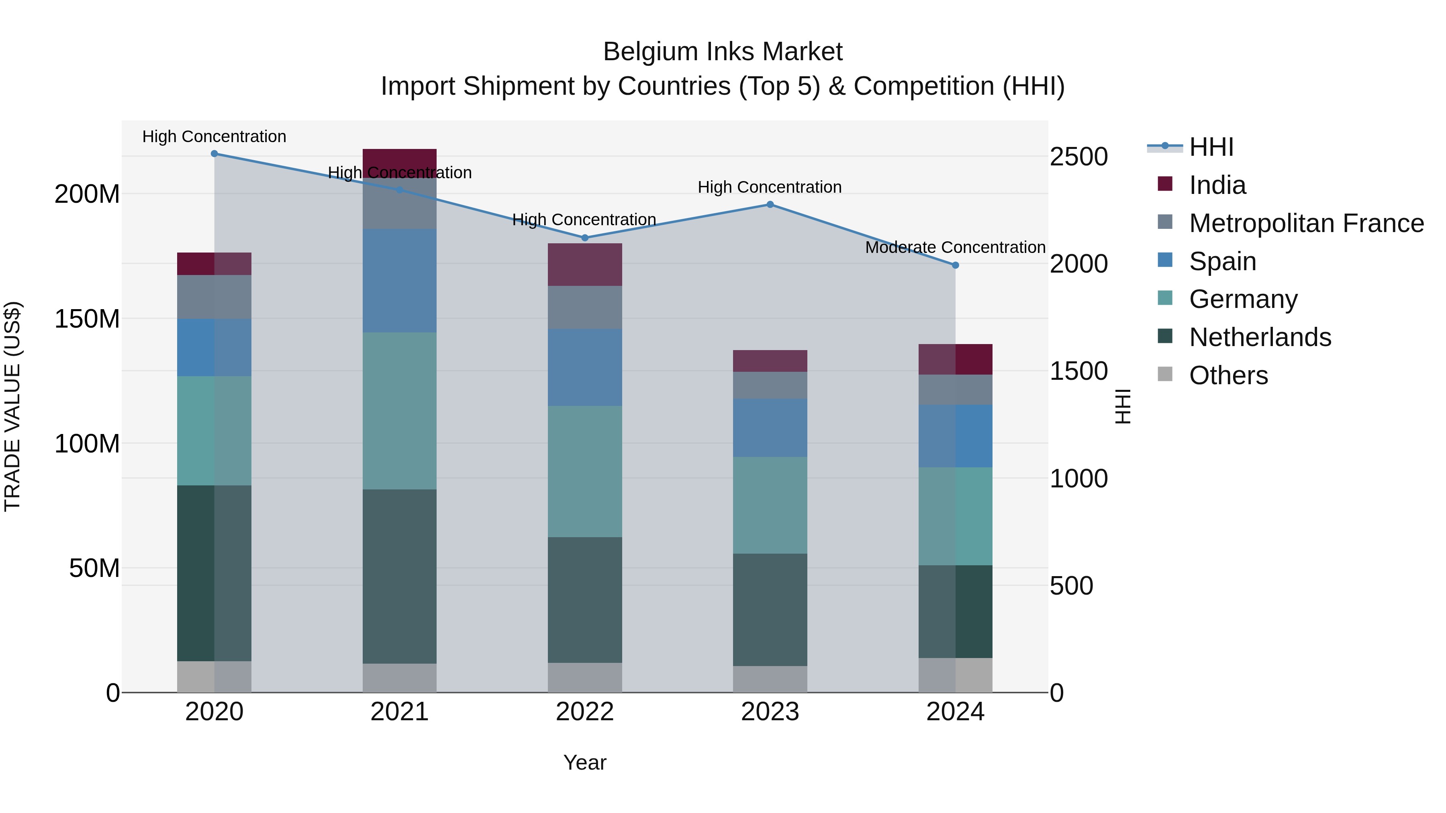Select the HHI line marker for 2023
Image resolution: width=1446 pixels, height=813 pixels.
click(770, 205)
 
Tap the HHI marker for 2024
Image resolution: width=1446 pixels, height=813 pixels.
click(956, 265)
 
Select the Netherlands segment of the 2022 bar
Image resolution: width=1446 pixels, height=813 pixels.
click(585, 600)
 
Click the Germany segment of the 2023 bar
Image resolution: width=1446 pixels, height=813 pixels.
click(770, 505)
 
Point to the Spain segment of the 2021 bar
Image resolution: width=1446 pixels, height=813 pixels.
click(400, 281)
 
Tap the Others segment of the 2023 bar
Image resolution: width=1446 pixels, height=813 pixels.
click(770, 679)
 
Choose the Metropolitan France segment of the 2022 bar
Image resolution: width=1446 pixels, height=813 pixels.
click(585, 308)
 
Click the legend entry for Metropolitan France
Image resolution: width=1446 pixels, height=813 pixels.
click(1306, 223)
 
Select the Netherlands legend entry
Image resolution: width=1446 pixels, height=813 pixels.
click(1260, 338)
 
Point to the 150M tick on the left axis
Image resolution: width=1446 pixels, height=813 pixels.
click(87, 319)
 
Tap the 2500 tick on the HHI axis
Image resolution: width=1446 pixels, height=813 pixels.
click(1078, 157)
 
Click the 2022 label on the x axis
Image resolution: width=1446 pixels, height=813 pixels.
click(585, 712)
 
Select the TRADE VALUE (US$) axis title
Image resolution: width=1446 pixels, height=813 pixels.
click(12, 406)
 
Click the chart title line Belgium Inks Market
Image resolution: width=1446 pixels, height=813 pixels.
click(723, 52)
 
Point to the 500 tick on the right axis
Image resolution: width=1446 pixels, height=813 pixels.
click(1071, 586)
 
